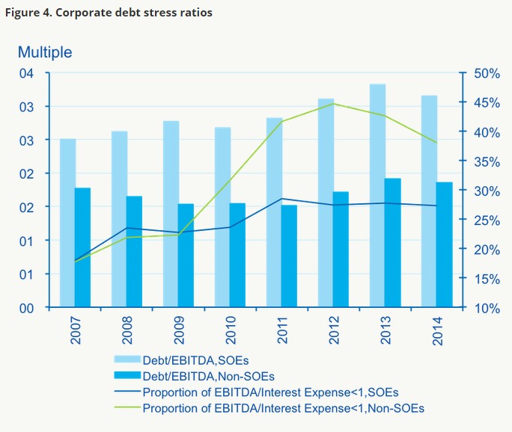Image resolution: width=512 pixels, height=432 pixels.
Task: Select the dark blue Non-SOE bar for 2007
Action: point(82,247)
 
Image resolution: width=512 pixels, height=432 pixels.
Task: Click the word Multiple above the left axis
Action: point(45,52)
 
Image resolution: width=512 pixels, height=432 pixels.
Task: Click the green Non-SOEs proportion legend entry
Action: point(283,408)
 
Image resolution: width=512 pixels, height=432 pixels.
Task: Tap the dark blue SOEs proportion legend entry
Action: point(270,392)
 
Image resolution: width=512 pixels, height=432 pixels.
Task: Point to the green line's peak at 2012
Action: point(334,104)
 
